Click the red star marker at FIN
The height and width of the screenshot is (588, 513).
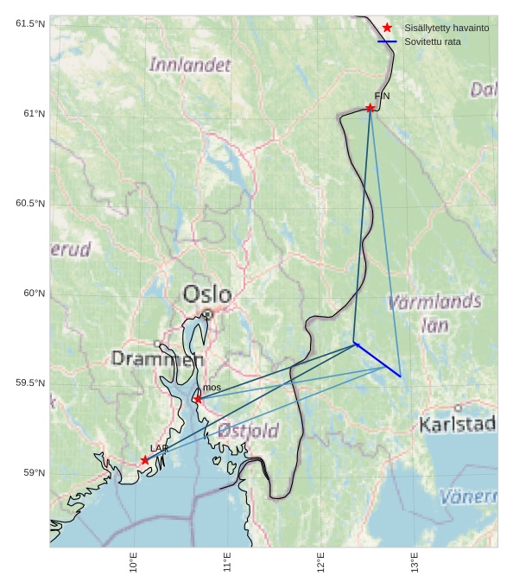[x=370, y=108]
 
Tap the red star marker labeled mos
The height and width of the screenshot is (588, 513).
[x=198, y=399]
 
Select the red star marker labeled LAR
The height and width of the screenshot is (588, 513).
[x=145, y=460]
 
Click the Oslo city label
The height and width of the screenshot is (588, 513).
[x=207, y=294]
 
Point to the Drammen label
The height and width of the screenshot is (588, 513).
[x=157, y=358]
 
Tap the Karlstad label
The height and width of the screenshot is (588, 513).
[x=457, y=424]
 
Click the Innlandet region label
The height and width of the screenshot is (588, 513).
[x=190, y=65]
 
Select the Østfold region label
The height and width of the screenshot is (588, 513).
[x=248, y=430]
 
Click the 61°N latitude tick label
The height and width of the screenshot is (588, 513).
[x=30, y=114]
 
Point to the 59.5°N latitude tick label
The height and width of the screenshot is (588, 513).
[x=30, y=383]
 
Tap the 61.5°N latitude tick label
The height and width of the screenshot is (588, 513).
[x=30, y=24]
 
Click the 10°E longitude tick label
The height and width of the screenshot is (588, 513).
[x=134, y=563]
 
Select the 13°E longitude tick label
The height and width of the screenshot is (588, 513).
[x=415, y=563]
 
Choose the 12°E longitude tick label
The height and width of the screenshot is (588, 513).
[x=321, y=563]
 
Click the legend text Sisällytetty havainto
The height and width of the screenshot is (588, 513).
[x=446, y=28]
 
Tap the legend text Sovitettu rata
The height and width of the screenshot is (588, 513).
[x=433, y=41]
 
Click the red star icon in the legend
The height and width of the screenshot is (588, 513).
[x=387, y=28]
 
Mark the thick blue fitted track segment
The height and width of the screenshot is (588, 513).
[x=378, y=360]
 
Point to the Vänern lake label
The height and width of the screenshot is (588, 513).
[x=468, y=496]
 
